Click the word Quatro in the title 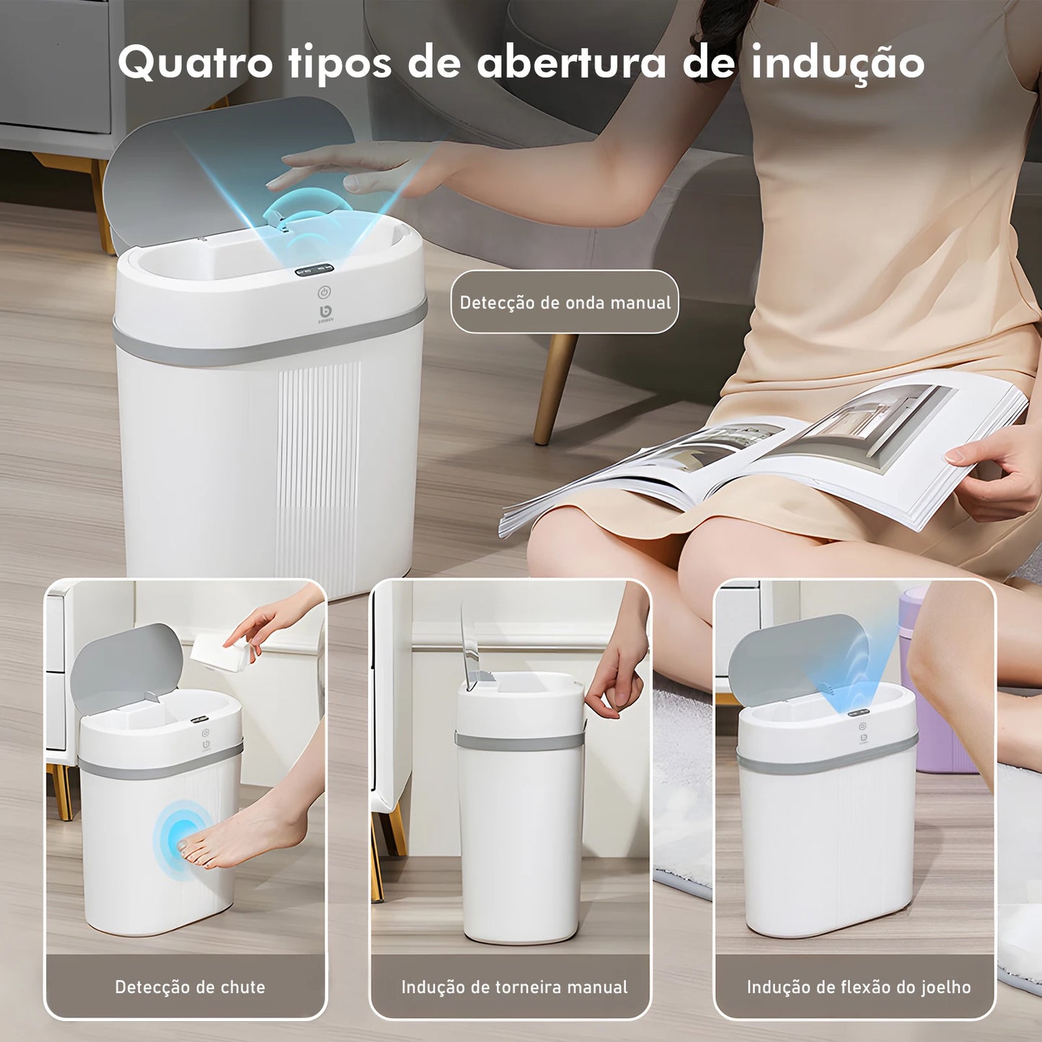pos(195,63)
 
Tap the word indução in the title pos(837,63)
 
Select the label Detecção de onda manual pos(565,302)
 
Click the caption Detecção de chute pos(190,986)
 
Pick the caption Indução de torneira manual pos(514,986)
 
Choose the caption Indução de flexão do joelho pos(858,986)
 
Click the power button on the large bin pos(324,293)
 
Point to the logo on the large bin pos(324,312)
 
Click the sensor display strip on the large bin pos(314,272)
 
